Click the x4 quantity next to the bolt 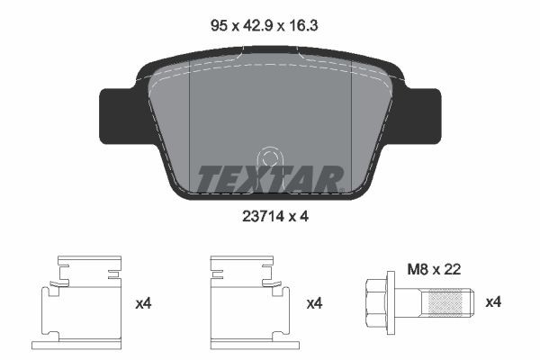click(494, 303)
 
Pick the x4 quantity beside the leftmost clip click(144, 303)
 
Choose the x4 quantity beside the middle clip click(314, 303)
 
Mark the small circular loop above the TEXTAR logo click(267, 157)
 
